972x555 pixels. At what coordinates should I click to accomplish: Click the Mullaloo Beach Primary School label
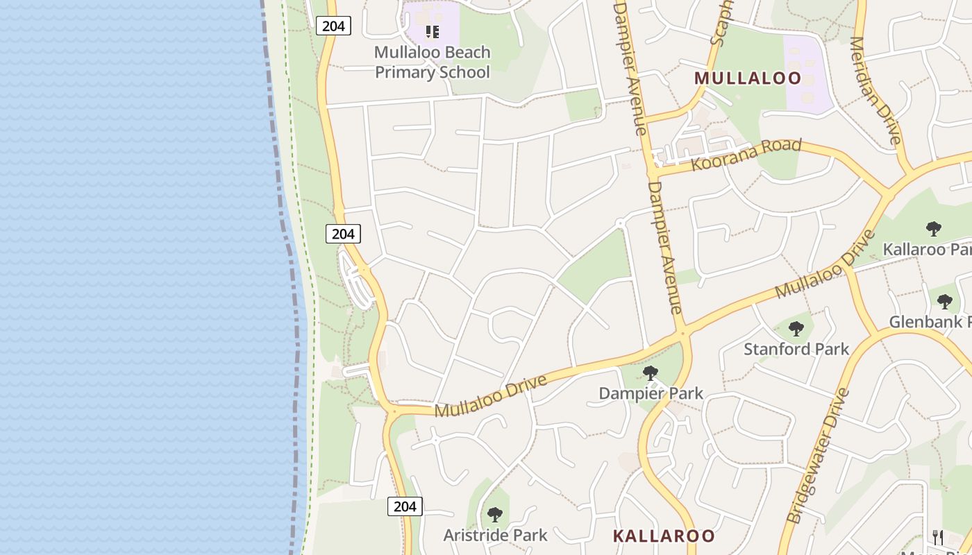(432, 62)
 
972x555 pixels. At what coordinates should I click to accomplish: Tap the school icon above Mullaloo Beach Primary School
(433, 31)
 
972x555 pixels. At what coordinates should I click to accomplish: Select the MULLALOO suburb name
(748, 78)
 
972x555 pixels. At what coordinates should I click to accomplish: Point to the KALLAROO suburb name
(663, 536)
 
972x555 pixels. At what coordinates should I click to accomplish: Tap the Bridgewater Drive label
(819, 455)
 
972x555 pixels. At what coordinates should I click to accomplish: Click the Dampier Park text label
(651, 393)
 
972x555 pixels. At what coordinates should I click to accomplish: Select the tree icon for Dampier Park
(651, 374)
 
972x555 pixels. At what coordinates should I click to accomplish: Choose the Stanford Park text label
(796, 349)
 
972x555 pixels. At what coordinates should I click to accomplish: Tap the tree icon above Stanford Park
(796, 329)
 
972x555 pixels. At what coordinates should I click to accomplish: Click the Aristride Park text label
(495, 536)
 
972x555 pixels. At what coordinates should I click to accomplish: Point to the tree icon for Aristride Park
(495, 515)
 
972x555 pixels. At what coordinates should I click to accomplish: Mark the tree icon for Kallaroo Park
(934, 228)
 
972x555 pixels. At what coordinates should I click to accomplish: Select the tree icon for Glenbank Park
(944, 302)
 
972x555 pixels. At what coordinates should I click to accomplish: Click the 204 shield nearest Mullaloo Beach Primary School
(333, 26)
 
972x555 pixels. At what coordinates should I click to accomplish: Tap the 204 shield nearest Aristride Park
(404, 506)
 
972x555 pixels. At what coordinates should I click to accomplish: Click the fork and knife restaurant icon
(938, 536)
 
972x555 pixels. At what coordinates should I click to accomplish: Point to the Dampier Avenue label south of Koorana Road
(665, 247)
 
